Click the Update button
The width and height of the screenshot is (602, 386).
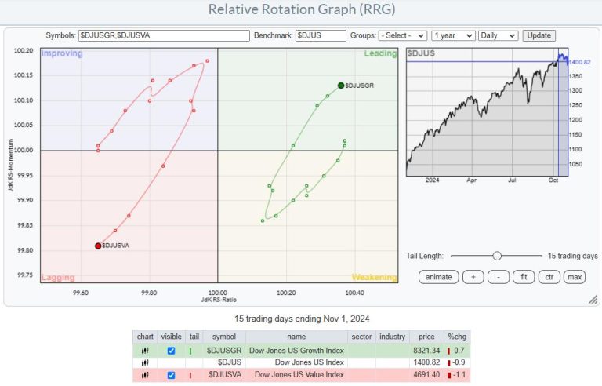[539, 35]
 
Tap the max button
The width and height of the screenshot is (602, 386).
[575, 277]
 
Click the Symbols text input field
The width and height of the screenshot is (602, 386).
[164, 35]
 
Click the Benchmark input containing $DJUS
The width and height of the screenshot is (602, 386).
[320, 35]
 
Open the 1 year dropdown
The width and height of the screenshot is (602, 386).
[454, 35]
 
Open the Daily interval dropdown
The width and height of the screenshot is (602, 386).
[499, 35]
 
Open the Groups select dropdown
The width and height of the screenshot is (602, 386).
[402, 35]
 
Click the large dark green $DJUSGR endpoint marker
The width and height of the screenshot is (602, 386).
[341, 86]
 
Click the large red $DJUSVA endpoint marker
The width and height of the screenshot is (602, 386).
[98, 246]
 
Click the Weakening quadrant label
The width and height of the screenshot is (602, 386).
[374, 278]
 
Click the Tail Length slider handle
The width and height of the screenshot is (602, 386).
[496, 256]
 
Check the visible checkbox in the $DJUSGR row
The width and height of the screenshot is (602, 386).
[171, 350]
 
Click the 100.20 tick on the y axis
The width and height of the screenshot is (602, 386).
[24, 50]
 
